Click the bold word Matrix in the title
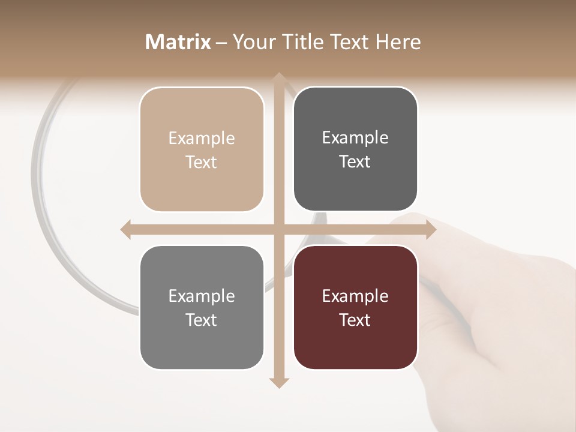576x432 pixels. (x=178, y=42)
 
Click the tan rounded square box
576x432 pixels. (x=202, y=149)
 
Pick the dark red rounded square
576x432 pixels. (x=355, y=307)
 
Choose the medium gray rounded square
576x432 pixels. (x=202, y=307)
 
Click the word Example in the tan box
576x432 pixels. (x=202, y=138)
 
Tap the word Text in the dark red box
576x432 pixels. (x=355, y=320)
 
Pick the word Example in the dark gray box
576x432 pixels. (x=355, y=137)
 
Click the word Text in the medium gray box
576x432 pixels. (x=202, y=320)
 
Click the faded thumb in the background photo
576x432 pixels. (x=414, y=225)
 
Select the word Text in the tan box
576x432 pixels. (x=202, y=162)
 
